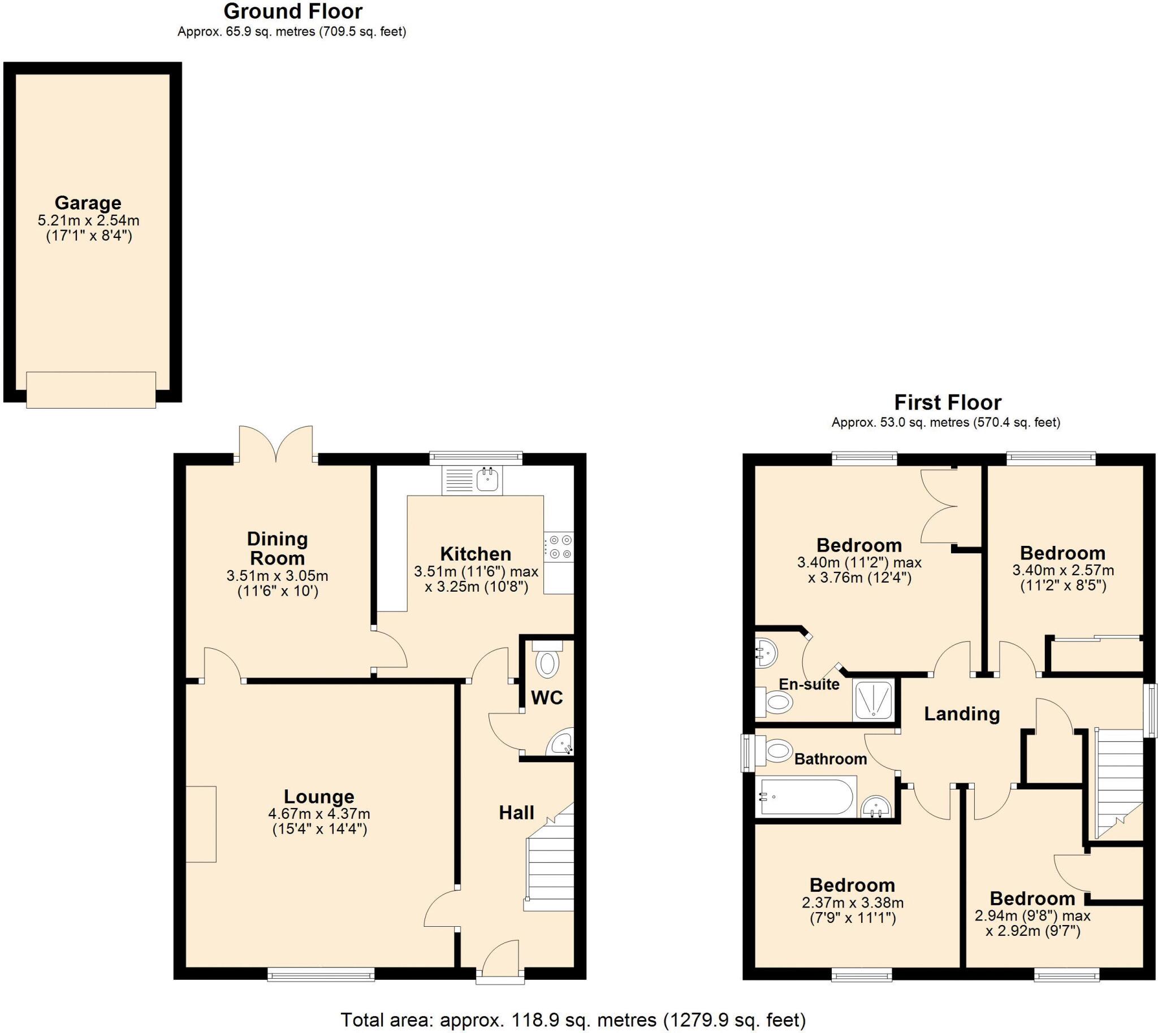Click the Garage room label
coord(88,203)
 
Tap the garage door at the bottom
coord(91,389)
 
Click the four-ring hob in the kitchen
coord(559,547)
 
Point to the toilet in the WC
coord(547,661)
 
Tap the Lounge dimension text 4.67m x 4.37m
coord(319,814)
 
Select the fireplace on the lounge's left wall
coord(201,824)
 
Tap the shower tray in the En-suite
coord(874,700)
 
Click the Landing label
coord(961,714)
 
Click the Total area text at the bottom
coord(572,1020)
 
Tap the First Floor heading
coord(947,402)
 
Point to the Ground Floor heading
coord(292,11)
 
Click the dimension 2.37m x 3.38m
coord(853,902)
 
